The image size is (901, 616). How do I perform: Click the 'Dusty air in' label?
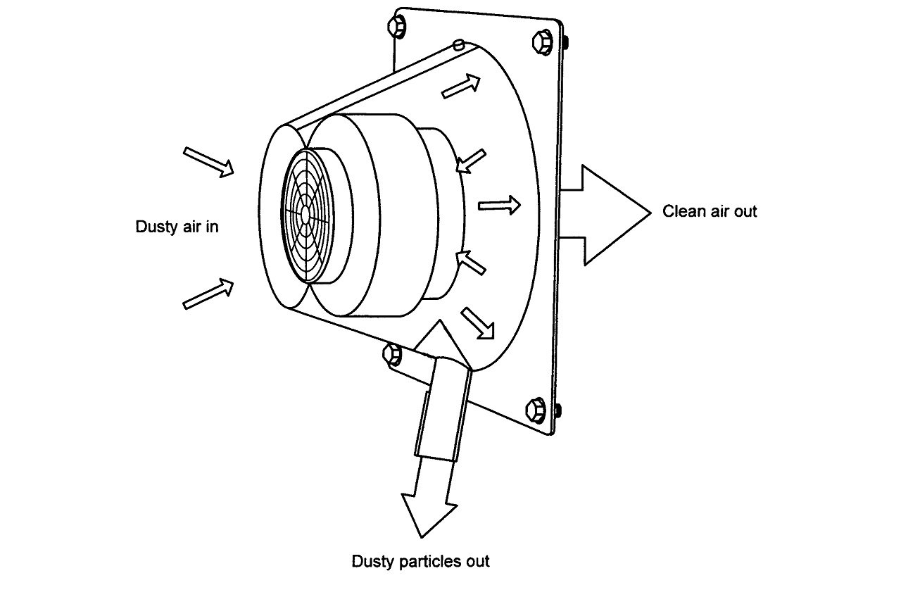click(177, 227)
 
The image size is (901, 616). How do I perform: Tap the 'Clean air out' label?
click(710, 211)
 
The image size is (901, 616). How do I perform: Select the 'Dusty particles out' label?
click(420, 561)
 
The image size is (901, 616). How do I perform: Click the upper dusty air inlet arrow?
click(208, 162)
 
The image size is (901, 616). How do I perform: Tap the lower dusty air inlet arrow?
click(208, 294)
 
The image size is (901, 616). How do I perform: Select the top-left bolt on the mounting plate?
click(396, 26)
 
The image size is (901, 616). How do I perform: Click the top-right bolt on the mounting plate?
click(542, 42)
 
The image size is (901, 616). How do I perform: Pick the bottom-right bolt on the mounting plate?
click(536, 410)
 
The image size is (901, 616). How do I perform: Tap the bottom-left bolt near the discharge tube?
click(391, 354)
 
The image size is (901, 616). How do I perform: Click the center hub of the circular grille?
click(305, 213)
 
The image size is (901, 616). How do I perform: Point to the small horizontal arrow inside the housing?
click(499, 205)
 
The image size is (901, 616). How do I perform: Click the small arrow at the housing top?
click(461, 86)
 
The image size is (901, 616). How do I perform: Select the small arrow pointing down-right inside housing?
click(477, 324)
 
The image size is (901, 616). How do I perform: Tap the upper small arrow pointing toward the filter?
click(471, 161)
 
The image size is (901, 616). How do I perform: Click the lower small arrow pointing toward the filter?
click(471, 263)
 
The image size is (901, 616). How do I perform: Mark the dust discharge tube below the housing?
click(443, 408)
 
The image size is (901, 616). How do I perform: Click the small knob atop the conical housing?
click(459, 44)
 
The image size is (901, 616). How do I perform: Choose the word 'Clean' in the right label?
click(682, 211)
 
